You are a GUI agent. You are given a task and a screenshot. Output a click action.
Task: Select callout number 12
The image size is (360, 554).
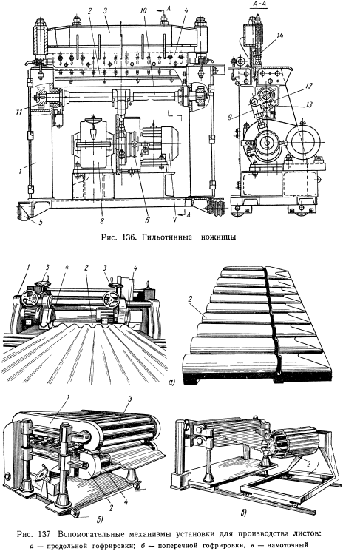[x=310, y=85]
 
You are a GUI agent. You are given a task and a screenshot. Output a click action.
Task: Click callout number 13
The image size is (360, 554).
[x=310, y=104]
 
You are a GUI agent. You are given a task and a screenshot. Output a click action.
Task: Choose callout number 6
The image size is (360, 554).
[x=147, y=220]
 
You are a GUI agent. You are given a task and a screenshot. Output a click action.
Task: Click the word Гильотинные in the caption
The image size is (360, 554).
[x=163, y=237]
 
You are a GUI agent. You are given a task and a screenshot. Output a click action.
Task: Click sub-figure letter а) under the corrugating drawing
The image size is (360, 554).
[x=172, y=381]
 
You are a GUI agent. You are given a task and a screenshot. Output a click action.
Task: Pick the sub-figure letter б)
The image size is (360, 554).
[x=100, y=519]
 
